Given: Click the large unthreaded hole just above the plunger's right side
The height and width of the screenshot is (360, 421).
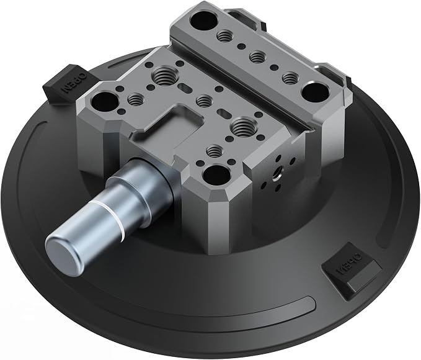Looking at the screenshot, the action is tap(216, 176).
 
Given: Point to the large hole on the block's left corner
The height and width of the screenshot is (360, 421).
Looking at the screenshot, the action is tap(105, 102).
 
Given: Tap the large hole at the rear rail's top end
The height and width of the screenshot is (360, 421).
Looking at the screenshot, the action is tap(204, 21).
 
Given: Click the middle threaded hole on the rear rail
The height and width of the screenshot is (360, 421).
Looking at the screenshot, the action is tap(257, 56).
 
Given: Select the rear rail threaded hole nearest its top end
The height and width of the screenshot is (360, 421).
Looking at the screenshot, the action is tap(224, 35).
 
